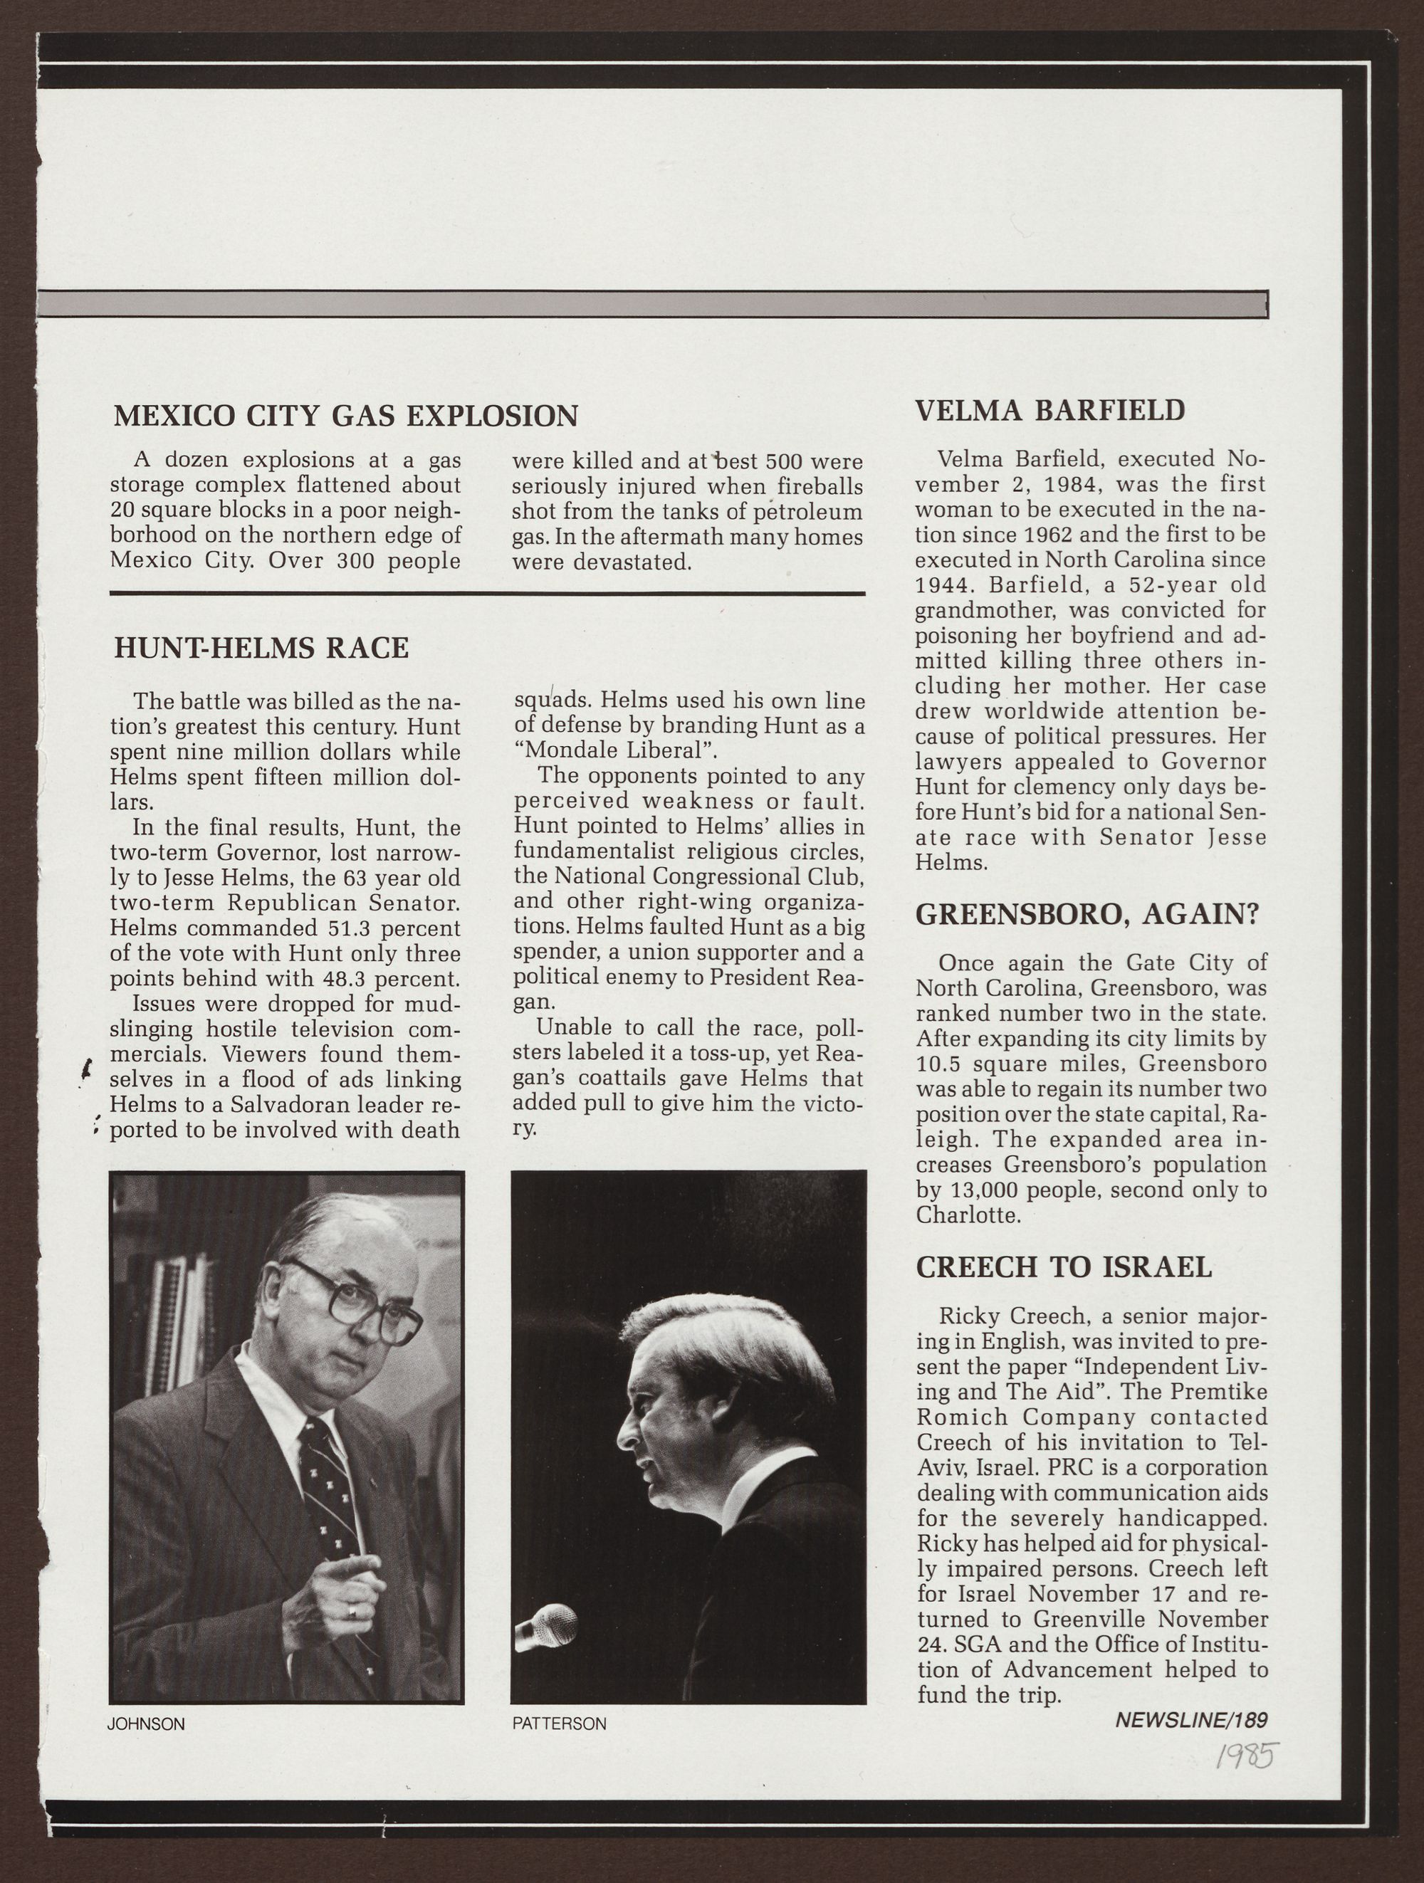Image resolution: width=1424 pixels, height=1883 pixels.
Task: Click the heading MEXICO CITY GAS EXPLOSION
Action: click(345, 416)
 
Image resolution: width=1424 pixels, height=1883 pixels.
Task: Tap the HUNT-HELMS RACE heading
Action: click(261, 649)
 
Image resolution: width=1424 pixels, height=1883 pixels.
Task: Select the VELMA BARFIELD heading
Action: click(1049, 411)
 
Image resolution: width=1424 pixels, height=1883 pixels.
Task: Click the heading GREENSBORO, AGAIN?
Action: click(1086, 914)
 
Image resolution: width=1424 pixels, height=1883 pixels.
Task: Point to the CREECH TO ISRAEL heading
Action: click(1064, 1267)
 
